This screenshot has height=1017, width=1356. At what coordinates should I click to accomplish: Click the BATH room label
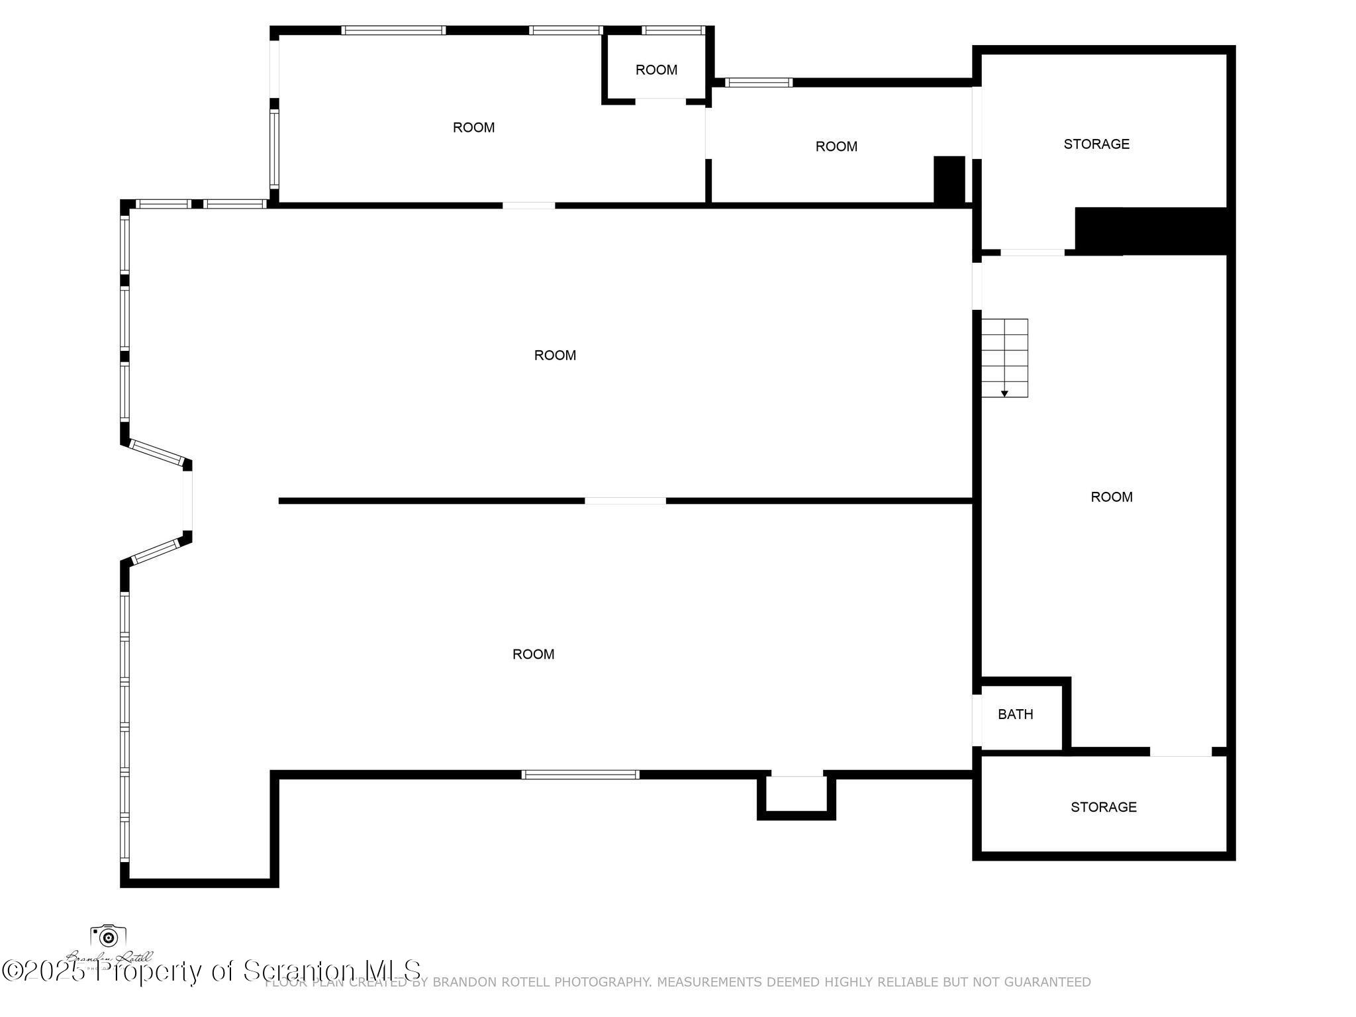click(1015, 714)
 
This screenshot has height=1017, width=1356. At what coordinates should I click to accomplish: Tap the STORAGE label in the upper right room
click(1096, 144)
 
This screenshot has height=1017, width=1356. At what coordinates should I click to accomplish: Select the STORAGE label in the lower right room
click(1104, 806)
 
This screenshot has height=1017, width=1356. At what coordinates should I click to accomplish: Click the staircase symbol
click(1004, 358)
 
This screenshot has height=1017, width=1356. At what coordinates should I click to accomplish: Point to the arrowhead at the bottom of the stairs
click(1004, 394)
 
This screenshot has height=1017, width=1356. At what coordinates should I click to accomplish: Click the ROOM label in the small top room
click(656, 70)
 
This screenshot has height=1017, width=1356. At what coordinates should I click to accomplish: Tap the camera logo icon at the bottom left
click(108, 936)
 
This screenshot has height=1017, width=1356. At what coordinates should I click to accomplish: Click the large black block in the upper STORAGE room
click(1152, 231)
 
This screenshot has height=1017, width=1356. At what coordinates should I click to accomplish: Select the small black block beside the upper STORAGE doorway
click(949, 179)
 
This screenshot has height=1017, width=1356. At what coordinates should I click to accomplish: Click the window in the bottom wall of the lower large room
click(580, 774)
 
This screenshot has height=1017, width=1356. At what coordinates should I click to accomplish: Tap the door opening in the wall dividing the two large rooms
click(625, 501)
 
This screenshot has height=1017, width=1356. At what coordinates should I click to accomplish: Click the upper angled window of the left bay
click(156, 452)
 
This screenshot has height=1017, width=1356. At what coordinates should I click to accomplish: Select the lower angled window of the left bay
click(156, 552)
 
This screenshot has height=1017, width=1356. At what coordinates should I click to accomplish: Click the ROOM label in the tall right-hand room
click(1111, 497)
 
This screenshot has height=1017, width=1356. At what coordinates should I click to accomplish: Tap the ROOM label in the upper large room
click(555, 355)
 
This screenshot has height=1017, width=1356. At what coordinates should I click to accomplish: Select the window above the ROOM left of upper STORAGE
click(758, 83)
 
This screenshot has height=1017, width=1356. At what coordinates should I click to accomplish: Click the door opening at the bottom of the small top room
click(660, 101)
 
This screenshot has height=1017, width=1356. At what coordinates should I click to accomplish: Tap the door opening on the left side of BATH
click(977, 719)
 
